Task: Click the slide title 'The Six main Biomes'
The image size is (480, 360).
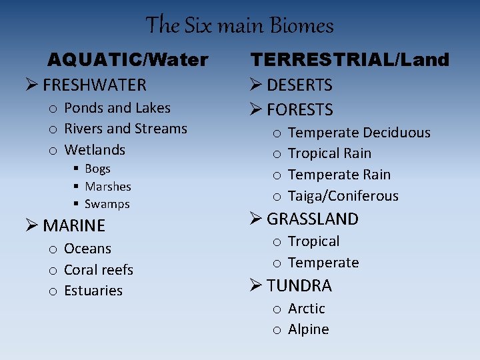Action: (239, 25)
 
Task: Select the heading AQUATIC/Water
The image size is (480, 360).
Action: (127, 60)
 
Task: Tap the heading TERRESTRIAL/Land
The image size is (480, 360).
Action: (350, 60)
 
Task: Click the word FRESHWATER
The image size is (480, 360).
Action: (94, 85)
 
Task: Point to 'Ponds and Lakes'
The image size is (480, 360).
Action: (117, 108)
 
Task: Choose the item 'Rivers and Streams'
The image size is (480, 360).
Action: (125, 129)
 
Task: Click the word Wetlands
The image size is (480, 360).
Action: (95, 149)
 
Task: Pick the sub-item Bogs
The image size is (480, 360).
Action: (97, 169)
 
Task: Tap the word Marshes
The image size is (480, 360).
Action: (108, 187)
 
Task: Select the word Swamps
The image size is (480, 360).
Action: (107, 204)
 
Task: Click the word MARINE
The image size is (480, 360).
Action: (74, 226)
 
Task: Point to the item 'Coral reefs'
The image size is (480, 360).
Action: (99, 270)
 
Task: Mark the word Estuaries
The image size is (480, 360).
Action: (93, 291)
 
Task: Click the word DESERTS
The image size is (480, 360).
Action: (299, 85)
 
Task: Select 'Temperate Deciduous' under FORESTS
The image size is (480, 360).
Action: (359, 133)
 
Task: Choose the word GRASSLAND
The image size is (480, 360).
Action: (313, 219)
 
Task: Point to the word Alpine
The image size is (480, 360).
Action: (309, 329)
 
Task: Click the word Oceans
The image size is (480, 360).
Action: (87, 249)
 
